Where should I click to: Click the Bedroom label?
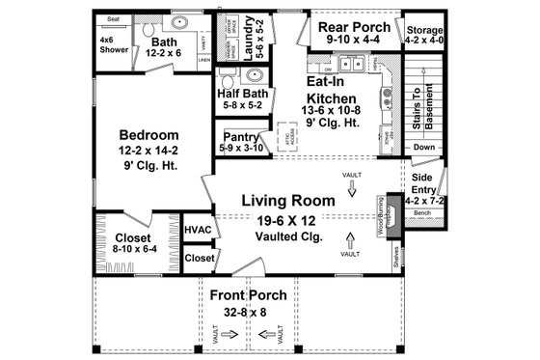point(150,134)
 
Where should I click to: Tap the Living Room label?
point(288,201)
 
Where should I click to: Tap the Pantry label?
point(239,137)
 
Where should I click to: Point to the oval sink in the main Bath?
point(179,22)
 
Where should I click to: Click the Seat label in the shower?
point(113,19)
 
